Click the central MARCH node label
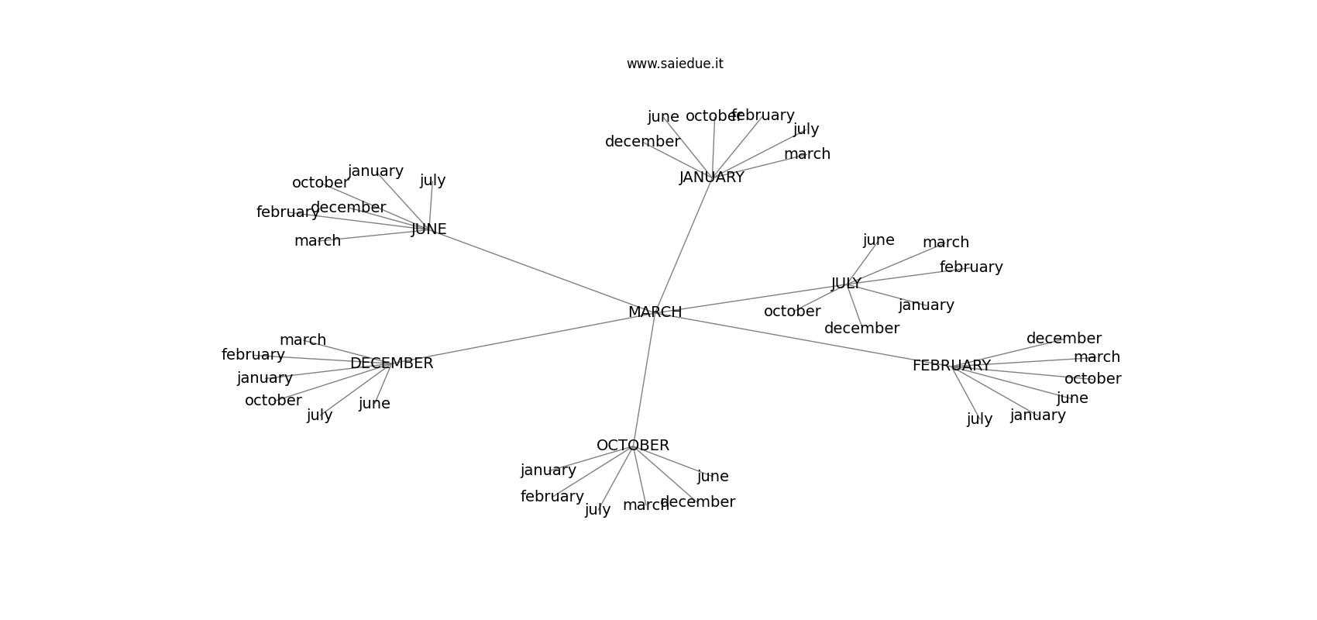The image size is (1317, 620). click(x=655, y=312)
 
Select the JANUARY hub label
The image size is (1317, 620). click(x=711, y=177)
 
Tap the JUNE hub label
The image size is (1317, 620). click(x=428, y=229)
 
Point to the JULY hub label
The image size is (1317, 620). click(x=846, y=284)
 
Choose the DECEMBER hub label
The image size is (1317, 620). click(x=391, y=363)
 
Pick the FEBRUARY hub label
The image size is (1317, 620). click(x=951, y=366)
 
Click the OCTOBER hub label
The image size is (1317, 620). click(x=633, y=446)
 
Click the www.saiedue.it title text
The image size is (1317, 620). click(x=675, y=64)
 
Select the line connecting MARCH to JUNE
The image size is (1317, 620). click(x=542, y=271)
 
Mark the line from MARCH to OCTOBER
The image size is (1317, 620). click(x=644, y=380)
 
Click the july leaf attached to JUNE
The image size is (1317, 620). click(x=432, y=181)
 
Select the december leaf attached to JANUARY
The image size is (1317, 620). click(x=642, y=142)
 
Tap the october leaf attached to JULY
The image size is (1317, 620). click(x=792, y=312)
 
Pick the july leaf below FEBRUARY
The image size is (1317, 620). click(x=979, y=419)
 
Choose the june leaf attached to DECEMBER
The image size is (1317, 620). click(x=374, y=404)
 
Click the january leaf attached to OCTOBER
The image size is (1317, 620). click(x=548, y=470)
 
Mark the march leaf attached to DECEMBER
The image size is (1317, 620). click(x=303, y=340)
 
